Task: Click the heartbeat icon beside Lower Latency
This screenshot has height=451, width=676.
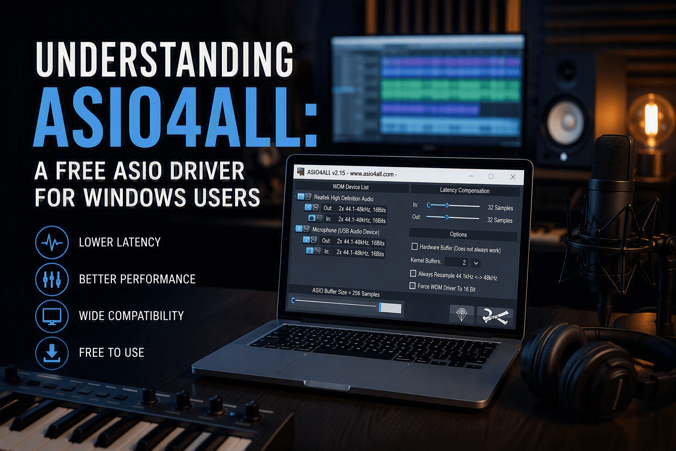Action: click(52, 242)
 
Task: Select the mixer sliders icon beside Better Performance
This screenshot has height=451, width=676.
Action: click(52, 279)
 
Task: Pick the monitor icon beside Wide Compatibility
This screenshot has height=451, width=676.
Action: click(52, 316)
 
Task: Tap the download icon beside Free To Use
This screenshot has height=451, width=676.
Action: click(52, 353)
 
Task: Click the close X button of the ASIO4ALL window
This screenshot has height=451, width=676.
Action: click(513, 177)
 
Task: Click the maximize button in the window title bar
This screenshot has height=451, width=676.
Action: click(491, 177)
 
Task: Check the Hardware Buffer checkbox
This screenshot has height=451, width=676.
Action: click(415, 247)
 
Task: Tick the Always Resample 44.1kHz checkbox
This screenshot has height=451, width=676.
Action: click(413, 274)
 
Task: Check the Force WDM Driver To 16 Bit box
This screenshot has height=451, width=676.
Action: click(412, 286)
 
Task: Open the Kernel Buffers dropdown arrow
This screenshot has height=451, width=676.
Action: click(476, 263)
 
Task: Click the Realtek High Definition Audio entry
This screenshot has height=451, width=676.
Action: click(344, 198)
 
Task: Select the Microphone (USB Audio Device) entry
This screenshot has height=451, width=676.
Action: click(345, 231)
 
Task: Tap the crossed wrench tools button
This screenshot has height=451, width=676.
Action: click(495, 316)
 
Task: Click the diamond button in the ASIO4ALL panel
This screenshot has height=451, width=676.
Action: click(461, 314)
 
